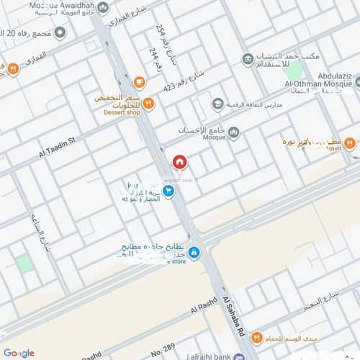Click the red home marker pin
point(179,162)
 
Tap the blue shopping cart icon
point(168,191)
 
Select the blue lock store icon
point(194,252)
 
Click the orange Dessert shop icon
point(148,103)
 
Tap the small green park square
point(24,263)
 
